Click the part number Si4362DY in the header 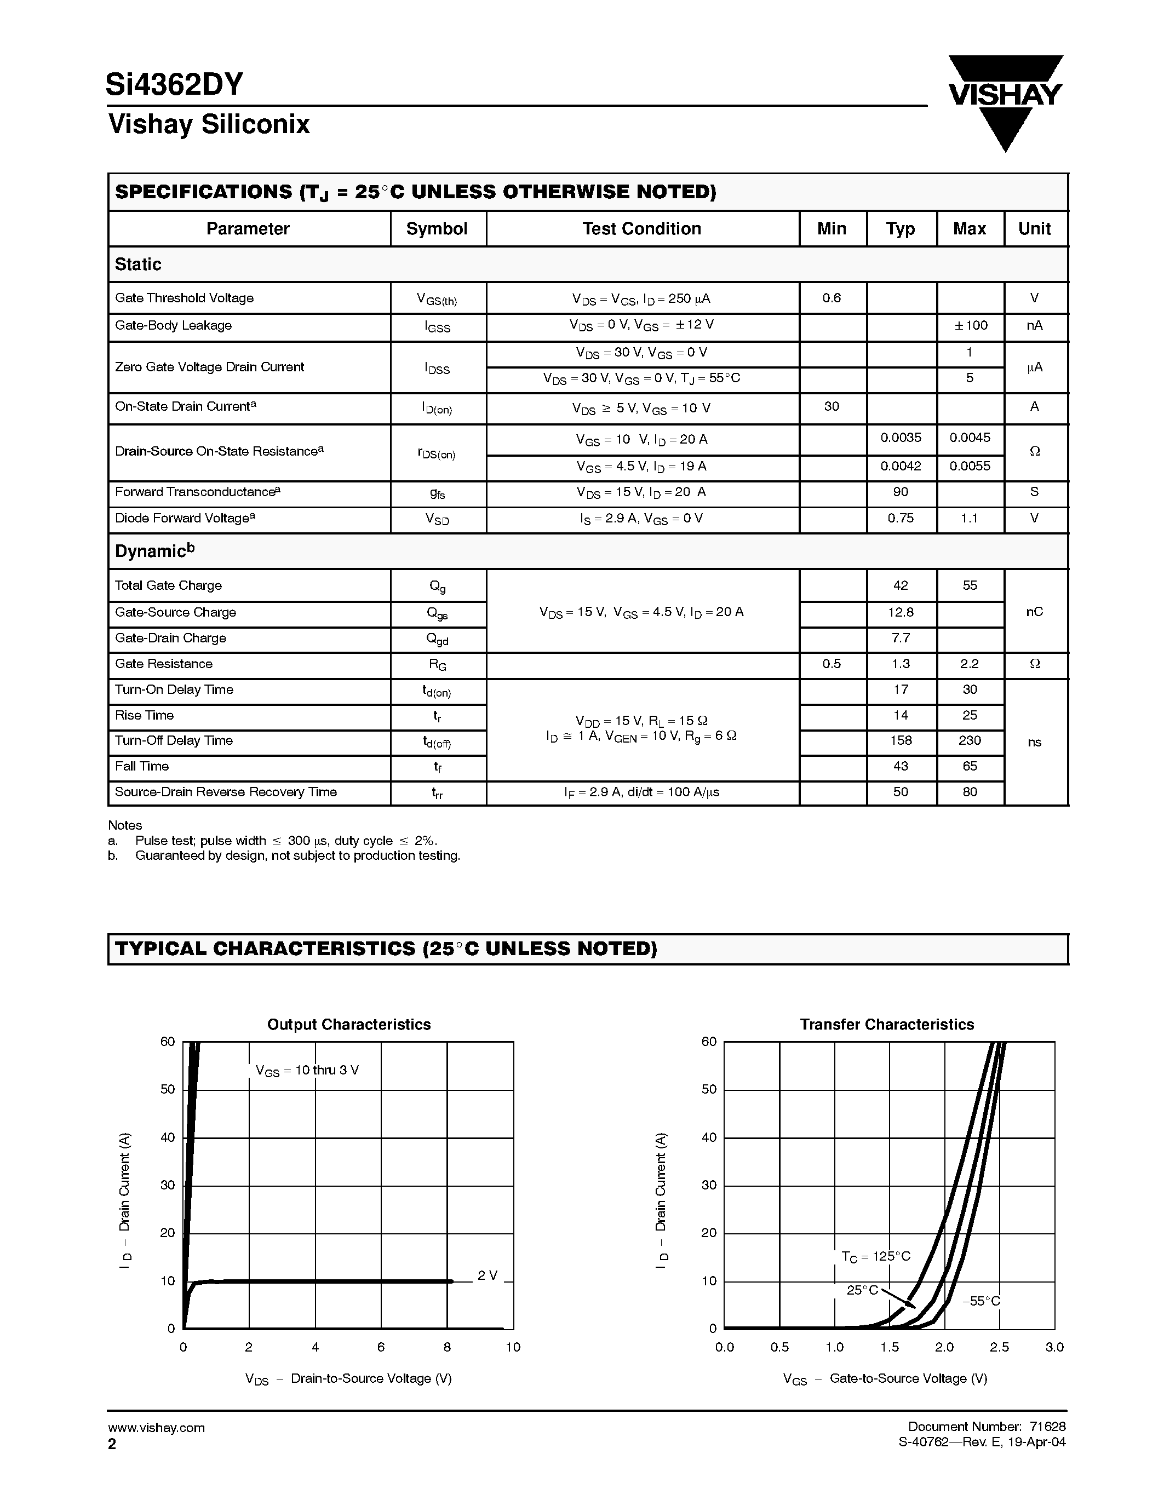tap(174, 84)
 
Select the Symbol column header tap(437, 229)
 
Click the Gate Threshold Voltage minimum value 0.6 tap(832, 298)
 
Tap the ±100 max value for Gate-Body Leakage tap(970, 325)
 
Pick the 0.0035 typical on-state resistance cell tap(901, 438)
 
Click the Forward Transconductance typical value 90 tap(901, 492)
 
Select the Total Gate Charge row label tap(168, 585)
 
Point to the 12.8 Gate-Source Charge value tap(901, 612)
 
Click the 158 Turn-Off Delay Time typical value tap(901, 740)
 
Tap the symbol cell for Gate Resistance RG tap(437, 665)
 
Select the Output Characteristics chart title tap(349, 1025)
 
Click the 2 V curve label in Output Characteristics tap(488, 1275)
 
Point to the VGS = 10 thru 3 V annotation tap(307, 1071)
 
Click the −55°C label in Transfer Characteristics tap(981, 1301)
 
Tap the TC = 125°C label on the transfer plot tap(876, 1256)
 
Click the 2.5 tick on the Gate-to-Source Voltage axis tap(999, 1347)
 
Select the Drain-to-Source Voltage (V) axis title tap(348, 1378)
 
